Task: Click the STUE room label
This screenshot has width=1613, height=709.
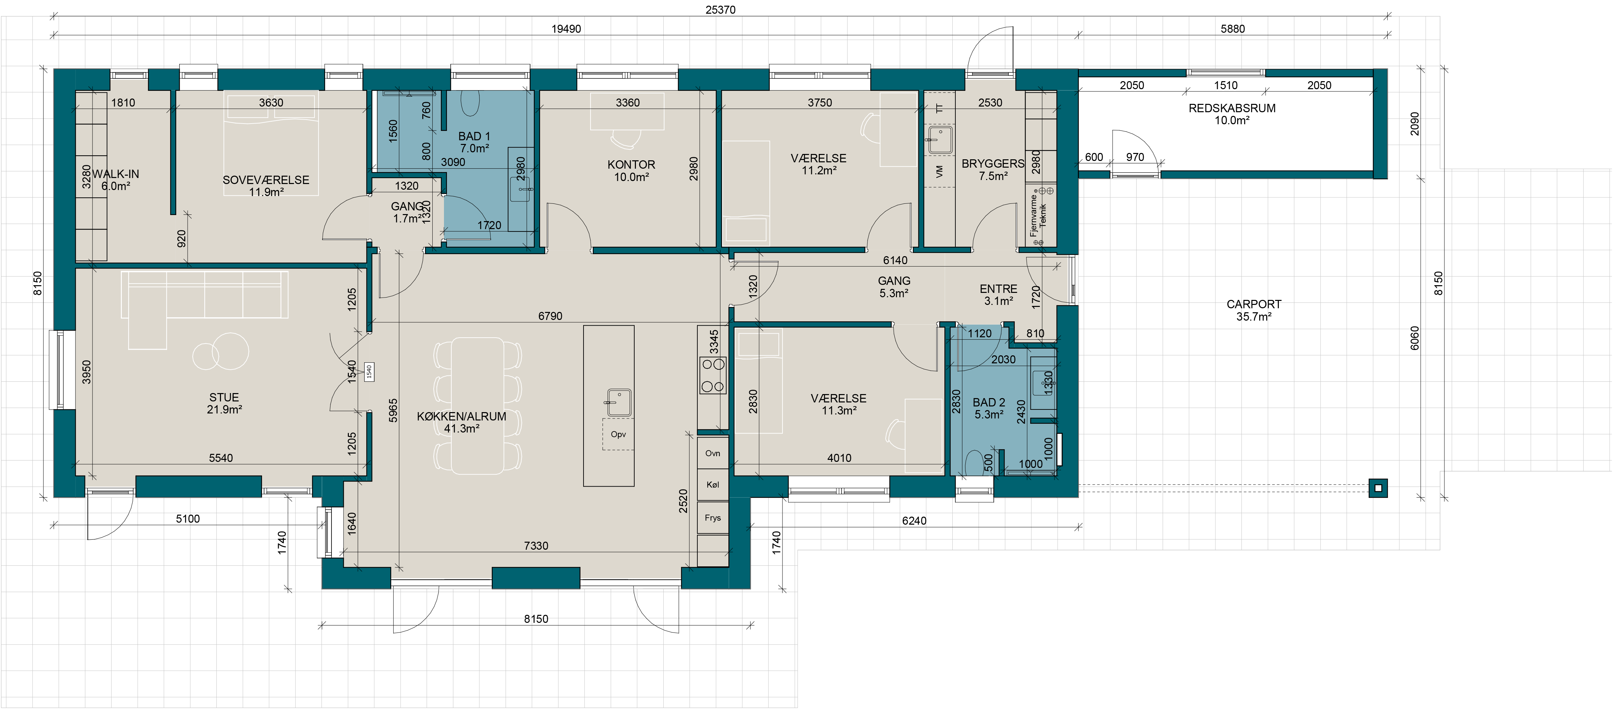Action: click(x=224, y=397)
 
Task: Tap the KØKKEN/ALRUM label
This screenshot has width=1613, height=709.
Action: click(x=461, y=416)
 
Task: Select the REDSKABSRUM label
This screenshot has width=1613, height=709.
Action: click(x=1232, y=108)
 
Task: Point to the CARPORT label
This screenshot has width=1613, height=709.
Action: click(x=1253, y=304)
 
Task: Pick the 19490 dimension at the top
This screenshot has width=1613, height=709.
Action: click(x=566, y=29)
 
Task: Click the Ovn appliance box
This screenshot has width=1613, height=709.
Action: click(x=713, y=453)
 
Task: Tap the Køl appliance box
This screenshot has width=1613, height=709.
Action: click(x=713, y=485)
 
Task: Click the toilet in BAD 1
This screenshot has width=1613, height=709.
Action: click(x=470, y=103)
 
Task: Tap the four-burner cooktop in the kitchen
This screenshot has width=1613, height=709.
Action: click(x=713, y=375)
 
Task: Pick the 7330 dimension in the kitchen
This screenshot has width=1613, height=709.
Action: click(x=536, y=546)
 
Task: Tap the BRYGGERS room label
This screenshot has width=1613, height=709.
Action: click(x=993, y=163)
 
